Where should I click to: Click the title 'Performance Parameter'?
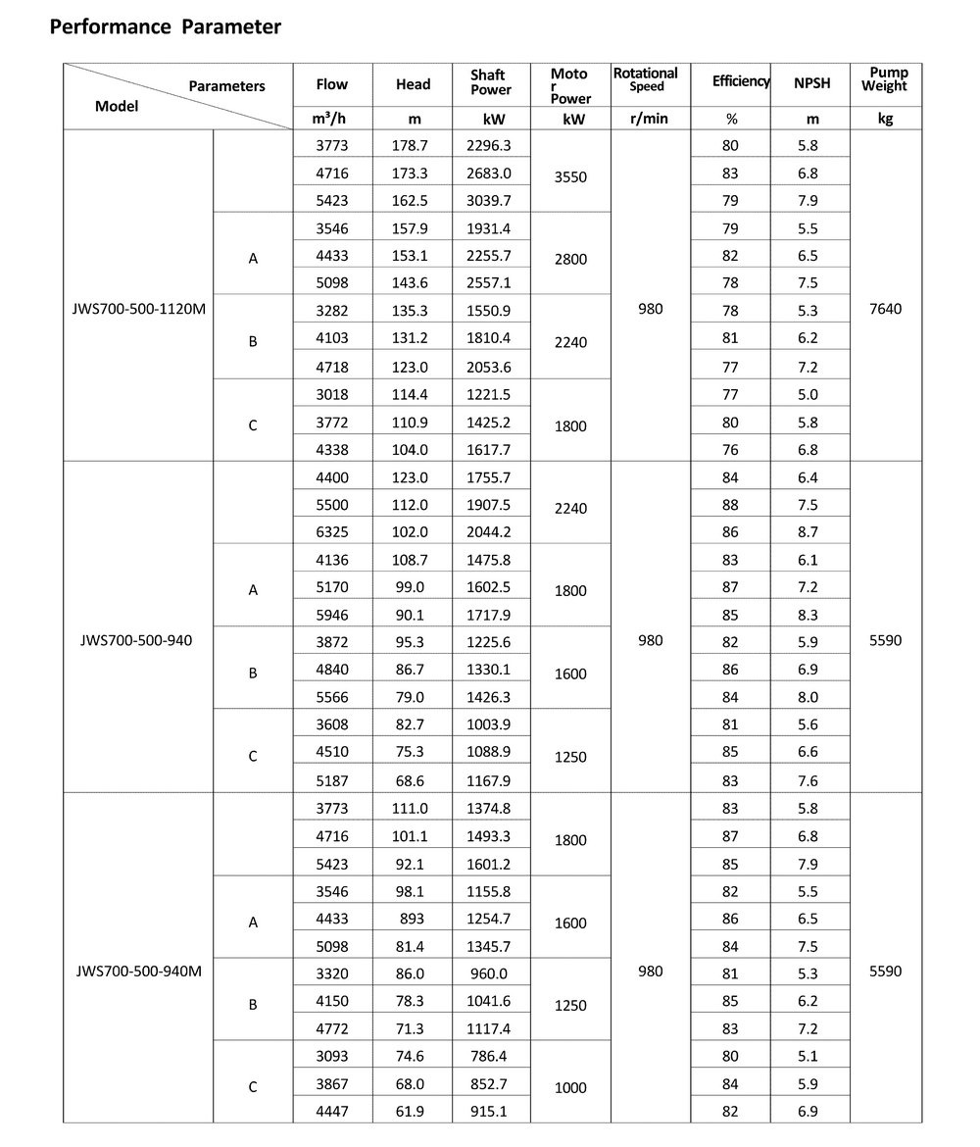click(165, 27)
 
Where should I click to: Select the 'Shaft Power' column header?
click(491, 82)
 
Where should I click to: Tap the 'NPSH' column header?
click(811, 83)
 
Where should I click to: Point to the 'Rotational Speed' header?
click(646, 79)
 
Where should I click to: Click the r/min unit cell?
click(650, 119)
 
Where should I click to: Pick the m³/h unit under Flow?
click(331, 119)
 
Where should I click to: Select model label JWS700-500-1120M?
click(139, 309)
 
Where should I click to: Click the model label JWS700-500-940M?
click(139, 972)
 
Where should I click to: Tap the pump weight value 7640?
click(885, 309)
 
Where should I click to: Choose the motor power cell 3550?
click(569, 177)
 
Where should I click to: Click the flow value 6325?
click(332, 532)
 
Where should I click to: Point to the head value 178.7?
click(413, 145)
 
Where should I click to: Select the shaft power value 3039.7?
click(490, 200)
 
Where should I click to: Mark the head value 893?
click(414, 920)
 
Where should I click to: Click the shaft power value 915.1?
click(490, 1112)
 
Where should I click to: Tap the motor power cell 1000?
click(569, 1087)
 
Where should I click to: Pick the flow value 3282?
click(332, 311)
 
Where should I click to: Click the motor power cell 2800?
click(569, 260)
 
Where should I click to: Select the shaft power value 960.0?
click(490, 974)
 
